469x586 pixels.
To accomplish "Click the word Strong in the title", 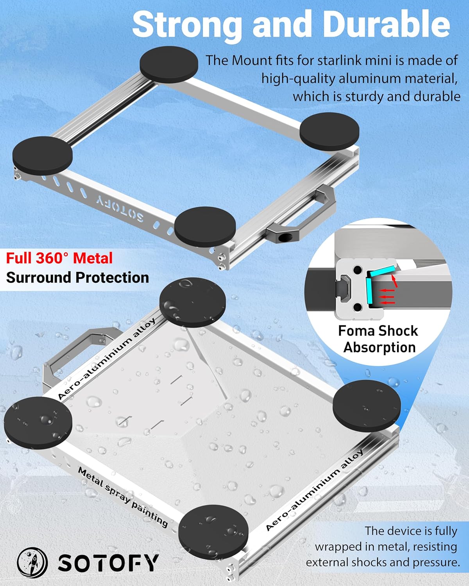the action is (x=187, y=26).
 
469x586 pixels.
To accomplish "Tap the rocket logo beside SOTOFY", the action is (x=32, y=563).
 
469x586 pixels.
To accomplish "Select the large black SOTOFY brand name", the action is (x=109, y=563).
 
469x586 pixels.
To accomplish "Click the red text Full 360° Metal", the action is (x=59, y=258).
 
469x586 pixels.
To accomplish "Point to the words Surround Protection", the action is (x=77, y=277).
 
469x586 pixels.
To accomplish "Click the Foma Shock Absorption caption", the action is (x=379, y=339).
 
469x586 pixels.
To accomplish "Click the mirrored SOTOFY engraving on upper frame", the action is (x=120, y=208).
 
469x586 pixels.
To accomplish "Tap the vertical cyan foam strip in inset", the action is (x=369, y=291).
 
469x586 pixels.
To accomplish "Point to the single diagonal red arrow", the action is (x=394, y=281).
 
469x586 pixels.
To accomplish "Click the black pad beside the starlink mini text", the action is (x=169, y=64).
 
